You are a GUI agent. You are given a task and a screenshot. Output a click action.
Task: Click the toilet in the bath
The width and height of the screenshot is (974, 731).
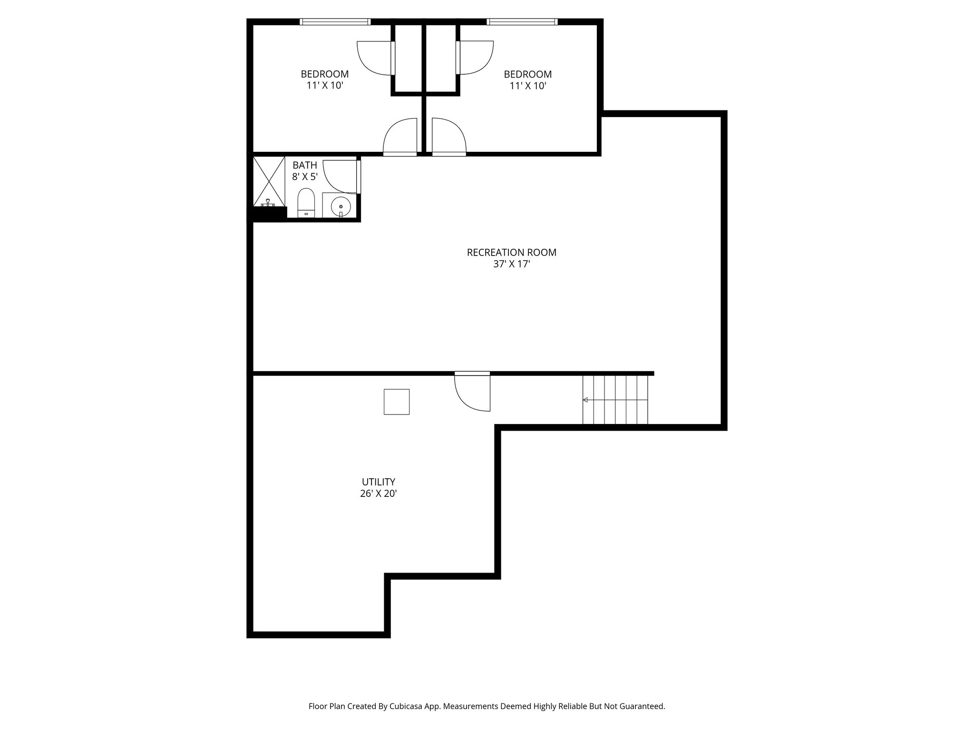306,202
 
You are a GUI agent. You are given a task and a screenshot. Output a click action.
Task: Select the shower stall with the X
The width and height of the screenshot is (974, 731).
269,181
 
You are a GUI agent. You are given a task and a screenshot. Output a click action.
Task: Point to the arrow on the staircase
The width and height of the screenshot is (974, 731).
585,400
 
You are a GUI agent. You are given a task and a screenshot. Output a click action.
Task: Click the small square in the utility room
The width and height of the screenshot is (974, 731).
397,402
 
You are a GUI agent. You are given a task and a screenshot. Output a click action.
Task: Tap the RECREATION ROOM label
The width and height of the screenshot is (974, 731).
511,253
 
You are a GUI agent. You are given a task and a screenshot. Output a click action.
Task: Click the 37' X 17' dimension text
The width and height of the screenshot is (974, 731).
511,265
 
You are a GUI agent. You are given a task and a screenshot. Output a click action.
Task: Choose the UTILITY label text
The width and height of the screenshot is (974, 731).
378,482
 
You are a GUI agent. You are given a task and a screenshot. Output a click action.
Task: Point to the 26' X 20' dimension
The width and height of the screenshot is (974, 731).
378,494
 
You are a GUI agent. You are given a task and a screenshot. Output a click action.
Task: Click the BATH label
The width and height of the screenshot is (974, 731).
304,166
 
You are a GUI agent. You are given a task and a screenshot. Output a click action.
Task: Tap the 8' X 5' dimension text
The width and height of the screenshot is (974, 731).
304,177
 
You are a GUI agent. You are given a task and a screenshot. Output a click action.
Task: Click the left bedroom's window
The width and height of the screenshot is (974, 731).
335,21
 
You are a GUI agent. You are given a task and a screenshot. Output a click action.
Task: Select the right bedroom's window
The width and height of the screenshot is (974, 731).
522,21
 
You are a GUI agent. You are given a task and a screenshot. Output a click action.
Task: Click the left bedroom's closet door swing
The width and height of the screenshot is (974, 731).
375,58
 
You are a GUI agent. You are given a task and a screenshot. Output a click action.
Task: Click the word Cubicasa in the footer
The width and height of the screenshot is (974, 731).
408,706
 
